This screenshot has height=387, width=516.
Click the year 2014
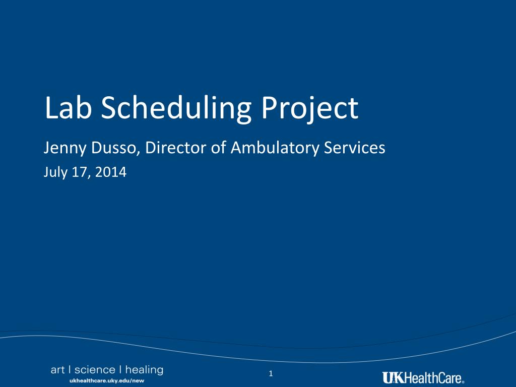point(111,172)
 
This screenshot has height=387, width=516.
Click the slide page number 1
point(271,373)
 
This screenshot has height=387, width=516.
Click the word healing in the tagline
point(144,370)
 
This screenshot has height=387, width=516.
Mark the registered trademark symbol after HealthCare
point(463,382)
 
